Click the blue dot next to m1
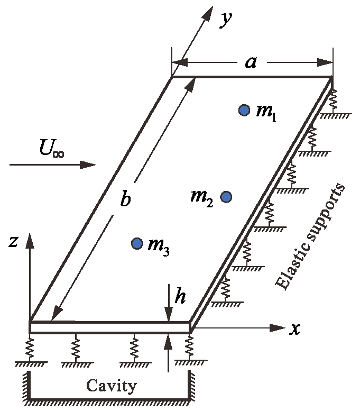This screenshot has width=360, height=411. tap(244, 110)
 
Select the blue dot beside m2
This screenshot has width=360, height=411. tap(226, 197)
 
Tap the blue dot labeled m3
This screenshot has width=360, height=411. tap(137, 243)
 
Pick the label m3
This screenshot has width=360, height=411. tap(159, 246)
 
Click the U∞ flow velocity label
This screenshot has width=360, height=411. tap(51, 148)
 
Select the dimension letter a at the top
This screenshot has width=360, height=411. tap(251, 62)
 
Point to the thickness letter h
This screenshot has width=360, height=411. tap(180, 297)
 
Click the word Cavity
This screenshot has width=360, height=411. tap(111, 386)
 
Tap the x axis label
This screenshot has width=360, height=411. tap(296, 328)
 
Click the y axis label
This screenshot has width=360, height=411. tap(226, 19)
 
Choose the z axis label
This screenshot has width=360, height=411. tap(14, 241)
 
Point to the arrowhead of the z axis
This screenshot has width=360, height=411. tap(30, 241)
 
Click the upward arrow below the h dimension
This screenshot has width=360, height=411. tap(168, 344)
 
